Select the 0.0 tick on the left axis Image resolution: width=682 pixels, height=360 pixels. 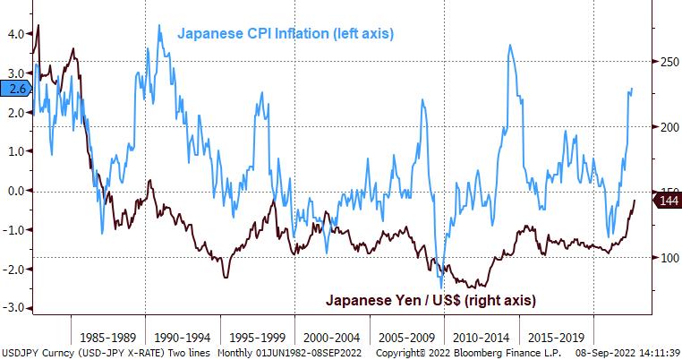click(x=14, y=191)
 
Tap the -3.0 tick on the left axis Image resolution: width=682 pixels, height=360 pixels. click(x=14, y=308)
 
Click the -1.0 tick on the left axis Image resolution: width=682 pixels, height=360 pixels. click(x=14, y=229)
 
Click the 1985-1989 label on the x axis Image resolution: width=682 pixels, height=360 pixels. click(x=107, y=339)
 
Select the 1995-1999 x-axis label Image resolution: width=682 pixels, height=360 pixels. click(x=257, y=339)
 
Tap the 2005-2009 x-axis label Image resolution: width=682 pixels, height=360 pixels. click(x=406, y=339)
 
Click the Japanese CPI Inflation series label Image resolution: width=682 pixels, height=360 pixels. click(x=286, y=33)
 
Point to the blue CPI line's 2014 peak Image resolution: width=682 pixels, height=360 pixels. click(x=509, y=46)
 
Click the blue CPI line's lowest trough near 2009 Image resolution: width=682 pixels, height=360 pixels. click(x=441, y=287)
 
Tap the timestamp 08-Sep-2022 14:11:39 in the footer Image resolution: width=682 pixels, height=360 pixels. click(x=618, y=353)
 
